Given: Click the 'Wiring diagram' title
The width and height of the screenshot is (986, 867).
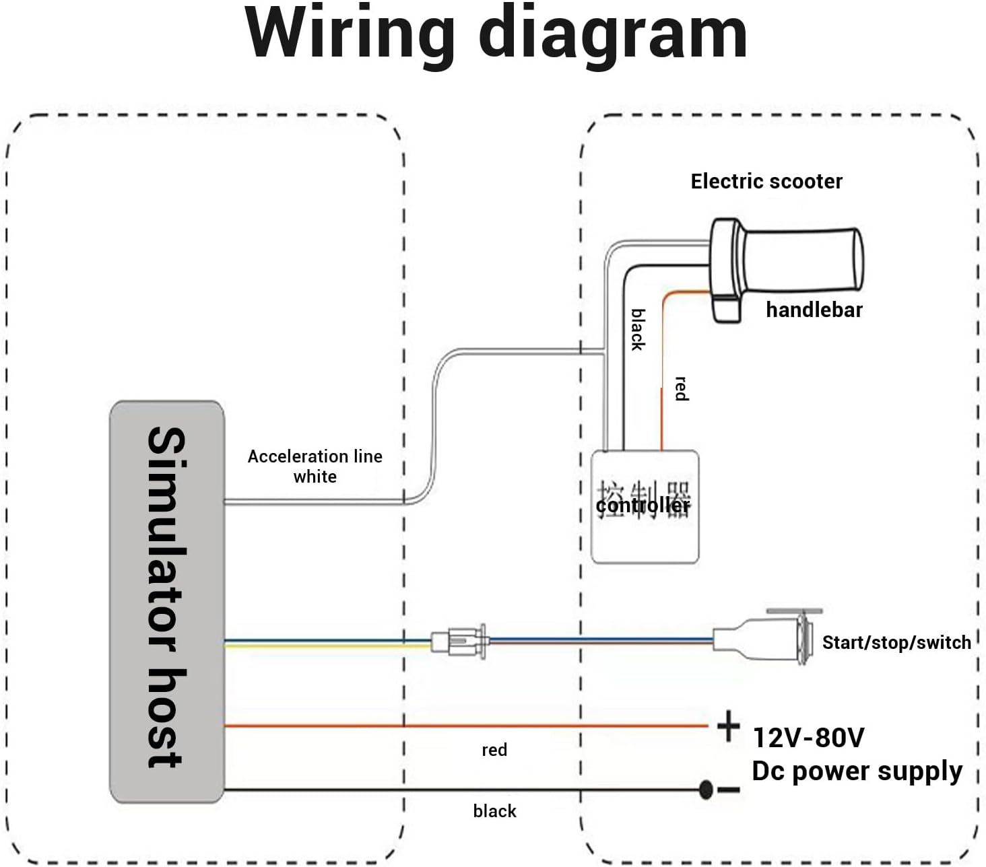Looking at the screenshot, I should [496, 34].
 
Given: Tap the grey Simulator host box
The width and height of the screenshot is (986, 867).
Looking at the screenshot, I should [166, 601].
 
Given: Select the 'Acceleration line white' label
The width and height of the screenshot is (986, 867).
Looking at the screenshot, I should [315, 466].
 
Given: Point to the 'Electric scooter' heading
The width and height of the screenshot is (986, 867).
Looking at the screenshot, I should [766, 181].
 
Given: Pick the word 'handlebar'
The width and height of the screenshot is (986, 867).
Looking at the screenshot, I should [814, 310].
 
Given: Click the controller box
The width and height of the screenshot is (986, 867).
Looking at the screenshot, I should [645, 506].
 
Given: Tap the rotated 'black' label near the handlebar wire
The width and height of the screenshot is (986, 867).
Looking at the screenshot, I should [638, 329].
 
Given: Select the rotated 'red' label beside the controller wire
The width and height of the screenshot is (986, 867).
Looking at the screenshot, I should [682, 388].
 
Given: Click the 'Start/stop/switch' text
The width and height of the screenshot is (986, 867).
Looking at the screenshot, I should [896, 642].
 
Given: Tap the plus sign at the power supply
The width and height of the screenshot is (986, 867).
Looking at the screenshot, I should [728, 726].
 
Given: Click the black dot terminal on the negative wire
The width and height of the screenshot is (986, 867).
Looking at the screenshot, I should [706, 790].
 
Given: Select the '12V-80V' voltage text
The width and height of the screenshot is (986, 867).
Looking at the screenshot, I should [808, 738].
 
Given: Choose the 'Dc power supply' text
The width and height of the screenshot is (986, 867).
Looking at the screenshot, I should [857, 771].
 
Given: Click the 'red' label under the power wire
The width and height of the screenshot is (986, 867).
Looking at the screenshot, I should [494, 750].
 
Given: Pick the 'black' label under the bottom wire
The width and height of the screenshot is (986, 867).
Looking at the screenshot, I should [494, 811].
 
